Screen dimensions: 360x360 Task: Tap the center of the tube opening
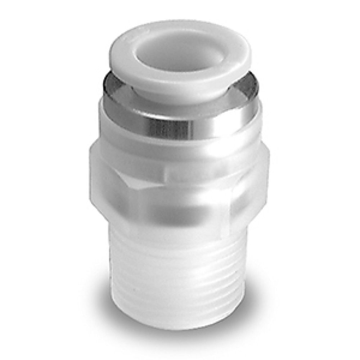(x=180, y=50)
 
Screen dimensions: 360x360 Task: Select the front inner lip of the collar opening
(x=180, y=72)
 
